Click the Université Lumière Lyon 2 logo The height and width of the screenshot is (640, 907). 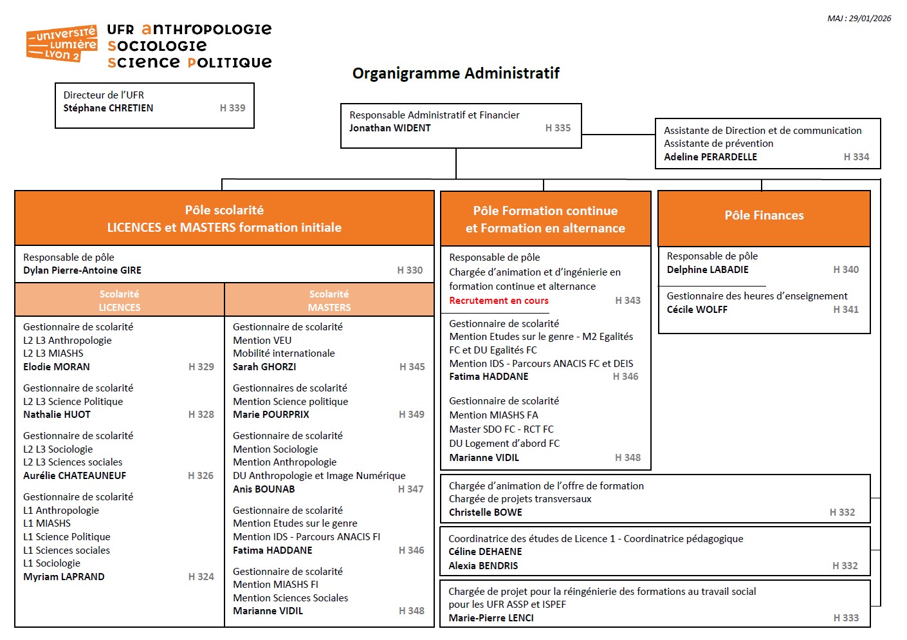(62, 44)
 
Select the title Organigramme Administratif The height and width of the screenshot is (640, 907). (455, 73)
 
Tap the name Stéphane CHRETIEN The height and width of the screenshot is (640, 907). (108, 108)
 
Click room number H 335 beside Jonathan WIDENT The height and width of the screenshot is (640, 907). (558, 128)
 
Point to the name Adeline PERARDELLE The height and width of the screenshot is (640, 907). (710, 157)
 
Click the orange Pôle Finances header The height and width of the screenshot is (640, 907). (764, 216)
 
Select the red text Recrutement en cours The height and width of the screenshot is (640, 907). (499, 301)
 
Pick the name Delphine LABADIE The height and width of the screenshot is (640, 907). (708, 270)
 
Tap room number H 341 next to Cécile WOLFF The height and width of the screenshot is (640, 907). (846, 310)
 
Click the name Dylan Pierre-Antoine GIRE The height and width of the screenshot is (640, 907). (82, 270)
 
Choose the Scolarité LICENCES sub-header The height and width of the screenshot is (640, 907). (120, 301)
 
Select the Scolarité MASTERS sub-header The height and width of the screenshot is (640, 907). (329, 301)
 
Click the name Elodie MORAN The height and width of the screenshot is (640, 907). (57, 367)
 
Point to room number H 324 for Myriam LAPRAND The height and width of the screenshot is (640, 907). (201, 577)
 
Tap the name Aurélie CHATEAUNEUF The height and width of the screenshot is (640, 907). (75, 476)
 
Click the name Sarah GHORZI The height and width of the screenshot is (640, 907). (264, 367)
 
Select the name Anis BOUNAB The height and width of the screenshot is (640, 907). (264, 489)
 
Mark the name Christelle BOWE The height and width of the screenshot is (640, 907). (486, 513)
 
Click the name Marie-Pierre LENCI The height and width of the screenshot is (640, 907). (491, 618)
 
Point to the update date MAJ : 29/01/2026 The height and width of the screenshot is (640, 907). (859, 19)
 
